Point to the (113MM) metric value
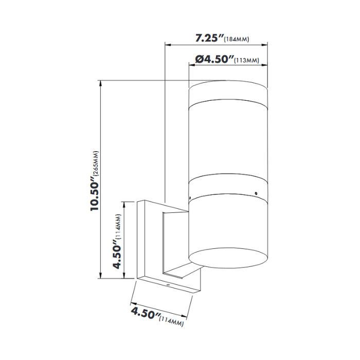point(246,61)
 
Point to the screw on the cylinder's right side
point(255,194)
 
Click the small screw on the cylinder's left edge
point(190,197)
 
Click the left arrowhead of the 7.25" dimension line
point(166,45)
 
